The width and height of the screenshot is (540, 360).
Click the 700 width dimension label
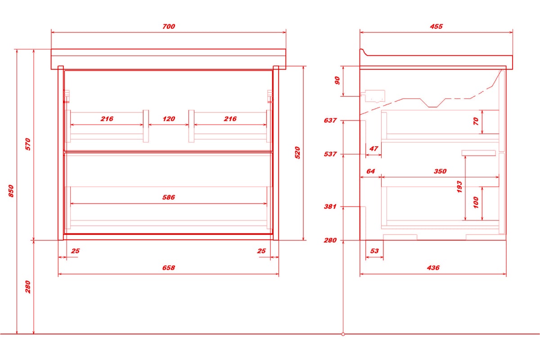168,26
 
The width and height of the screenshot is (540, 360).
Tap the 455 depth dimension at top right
436,26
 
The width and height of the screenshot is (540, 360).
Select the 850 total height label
11,191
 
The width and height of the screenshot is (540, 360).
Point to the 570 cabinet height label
28,144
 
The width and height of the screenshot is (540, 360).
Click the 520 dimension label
297,153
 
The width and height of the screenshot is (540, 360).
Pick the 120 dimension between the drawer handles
168,119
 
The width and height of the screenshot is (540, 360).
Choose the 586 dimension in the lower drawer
168,197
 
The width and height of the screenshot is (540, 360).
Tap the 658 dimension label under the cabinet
168,268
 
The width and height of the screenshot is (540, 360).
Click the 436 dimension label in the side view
433,268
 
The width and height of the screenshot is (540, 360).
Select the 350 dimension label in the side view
440,171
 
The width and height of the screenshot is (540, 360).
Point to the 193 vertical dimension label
459,187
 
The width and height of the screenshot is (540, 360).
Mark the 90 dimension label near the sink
337,81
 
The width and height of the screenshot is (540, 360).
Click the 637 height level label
330,120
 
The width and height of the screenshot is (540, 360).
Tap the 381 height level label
330,207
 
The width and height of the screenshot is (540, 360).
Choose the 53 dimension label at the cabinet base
374,251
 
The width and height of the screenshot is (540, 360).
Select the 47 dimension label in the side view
373,148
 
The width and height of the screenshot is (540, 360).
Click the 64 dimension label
370,171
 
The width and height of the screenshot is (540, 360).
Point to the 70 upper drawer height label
476,121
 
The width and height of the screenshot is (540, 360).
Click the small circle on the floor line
343,334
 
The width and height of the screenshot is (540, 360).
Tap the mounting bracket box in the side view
375,96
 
